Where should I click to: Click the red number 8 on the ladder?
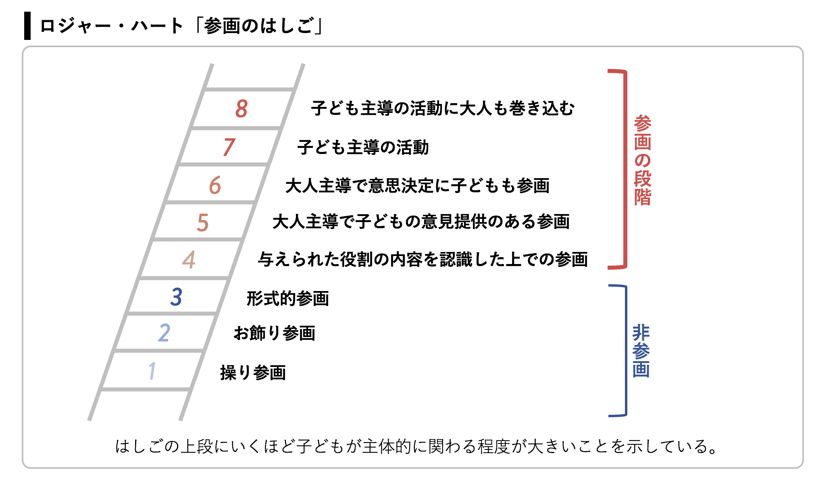[242, 108]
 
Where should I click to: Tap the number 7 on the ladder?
[229, 147]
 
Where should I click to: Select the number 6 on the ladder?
[215, 185]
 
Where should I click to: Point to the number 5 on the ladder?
[203, 223]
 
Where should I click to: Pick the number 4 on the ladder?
[189, 260]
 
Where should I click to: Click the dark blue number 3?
[177, 297]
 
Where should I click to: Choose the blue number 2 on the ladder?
[164, 333]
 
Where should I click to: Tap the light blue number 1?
[152, 370]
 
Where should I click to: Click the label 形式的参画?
[288, 298]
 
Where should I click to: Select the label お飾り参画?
[275, 333]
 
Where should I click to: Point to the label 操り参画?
[253, 372]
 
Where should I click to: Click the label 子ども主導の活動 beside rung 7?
[363, 147]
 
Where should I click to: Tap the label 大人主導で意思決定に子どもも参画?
[417, 185]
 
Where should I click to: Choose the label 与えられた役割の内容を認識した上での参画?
[423, 259]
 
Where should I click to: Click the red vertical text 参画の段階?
[642, 160]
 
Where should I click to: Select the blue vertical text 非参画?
[641, 351]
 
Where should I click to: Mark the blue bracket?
[626, 351]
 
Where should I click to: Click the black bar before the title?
[27, 26]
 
